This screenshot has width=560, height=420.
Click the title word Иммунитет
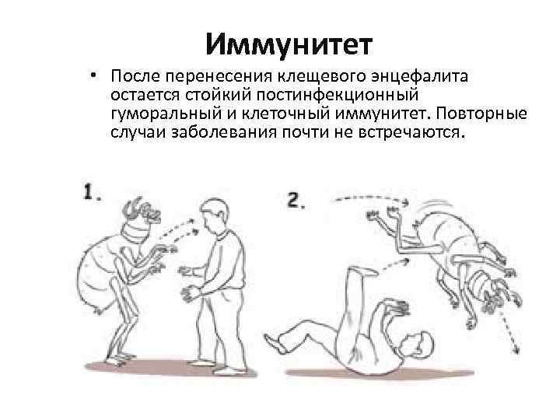[x=289, y=44]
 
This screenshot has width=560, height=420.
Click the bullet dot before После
[x=93, y=75]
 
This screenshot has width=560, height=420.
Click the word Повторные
[x=481, y=114]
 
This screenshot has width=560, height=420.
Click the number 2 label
[x=296, y=200]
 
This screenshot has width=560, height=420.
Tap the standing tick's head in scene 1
[x=142, y=211]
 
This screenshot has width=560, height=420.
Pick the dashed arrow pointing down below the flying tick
[x=509, y=331]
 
